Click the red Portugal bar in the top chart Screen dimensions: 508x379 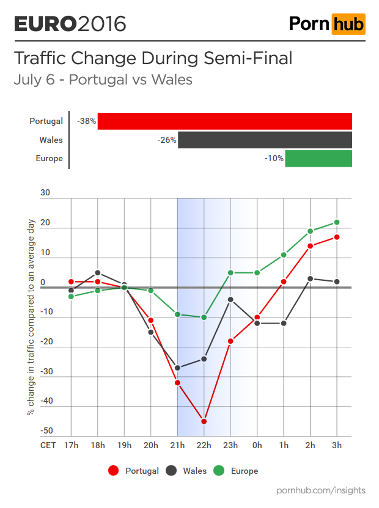(225, 122)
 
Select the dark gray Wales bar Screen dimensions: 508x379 (265, 140)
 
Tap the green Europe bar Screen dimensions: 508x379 (318, 158)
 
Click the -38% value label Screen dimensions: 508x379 (86, 122)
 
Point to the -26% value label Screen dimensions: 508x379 (166, 140)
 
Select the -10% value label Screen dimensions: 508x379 (274, 158)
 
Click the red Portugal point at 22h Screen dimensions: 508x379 (204, 421)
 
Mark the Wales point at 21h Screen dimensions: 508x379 (177, 368)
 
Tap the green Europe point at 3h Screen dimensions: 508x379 (337, 222)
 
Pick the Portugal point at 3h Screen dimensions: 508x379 (337, 237)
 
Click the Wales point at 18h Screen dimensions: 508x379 (98, 273)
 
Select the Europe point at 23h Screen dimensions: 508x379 (230, 273)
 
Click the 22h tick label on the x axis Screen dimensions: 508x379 (204, 445)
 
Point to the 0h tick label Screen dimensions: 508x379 (257, 445)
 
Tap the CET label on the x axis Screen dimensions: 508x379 (48, 445)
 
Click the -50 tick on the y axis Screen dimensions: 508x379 (46, 432)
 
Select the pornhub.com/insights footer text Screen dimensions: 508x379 (321, 490)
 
